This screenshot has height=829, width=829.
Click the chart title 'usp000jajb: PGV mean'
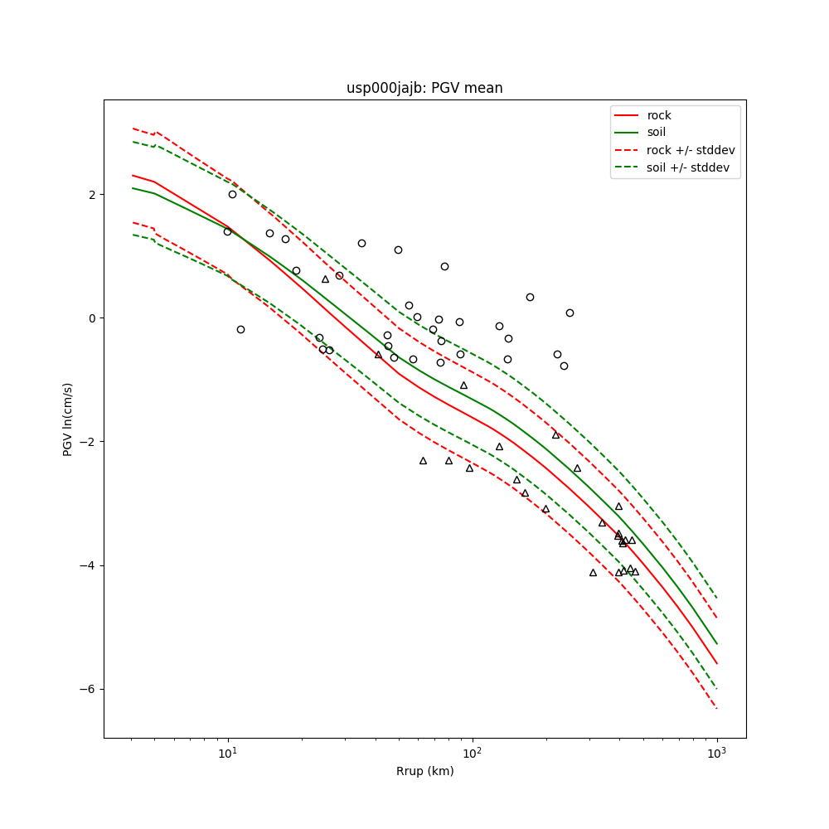pyautogui.click(x=424, y=88)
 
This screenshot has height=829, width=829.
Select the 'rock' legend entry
pyautogui.click(x=659, y=115)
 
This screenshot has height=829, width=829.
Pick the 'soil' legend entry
pyautogui.click(x=657, y=133)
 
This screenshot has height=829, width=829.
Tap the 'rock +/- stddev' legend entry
pyautogui.click(x=691, y=150)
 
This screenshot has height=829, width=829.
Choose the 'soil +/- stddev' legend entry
pyautogui.click(x=688, y=167)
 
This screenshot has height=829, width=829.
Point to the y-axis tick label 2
pyautogui.click(x=92, y=194)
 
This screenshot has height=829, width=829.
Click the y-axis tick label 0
pyautogui.click(x=92, y=318)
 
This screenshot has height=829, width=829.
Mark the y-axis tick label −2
pyautogui.click(x=89, y=442)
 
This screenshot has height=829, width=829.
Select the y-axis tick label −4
pyautogui.click(x=89, y=565)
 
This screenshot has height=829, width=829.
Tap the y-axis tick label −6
pyautogui.click(x=89, y=689)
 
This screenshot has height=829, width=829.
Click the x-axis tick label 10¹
pyautogui.click(x=227, y=754)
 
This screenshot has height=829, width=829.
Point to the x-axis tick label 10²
pyautogui.click(x=472, y=754)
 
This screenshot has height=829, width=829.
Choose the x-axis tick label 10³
pyautogui.click(x=716, y=754)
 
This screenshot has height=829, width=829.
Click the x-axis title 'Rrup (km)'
pyautogui.click(x=424, y=772)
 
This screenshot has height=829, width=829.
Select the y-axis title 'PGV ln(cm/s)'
pyautogui.click(x=68, y=419)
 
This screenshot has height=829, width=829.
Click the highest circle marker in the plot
pyautogui.click(x=232, y=194)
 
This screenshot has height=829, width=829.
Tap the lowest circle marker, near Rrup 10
pyautogui.click(x=240, y=329)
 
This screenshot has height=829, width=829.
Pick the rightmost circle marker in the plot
pyautogui.click(x=570, y=313)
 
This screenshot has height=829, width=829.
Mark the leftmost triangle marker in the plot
pyautogui.click(x=325, y=279)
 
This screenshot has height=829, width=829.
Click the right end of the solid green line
pyautogui.click(x=716, y=643)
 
